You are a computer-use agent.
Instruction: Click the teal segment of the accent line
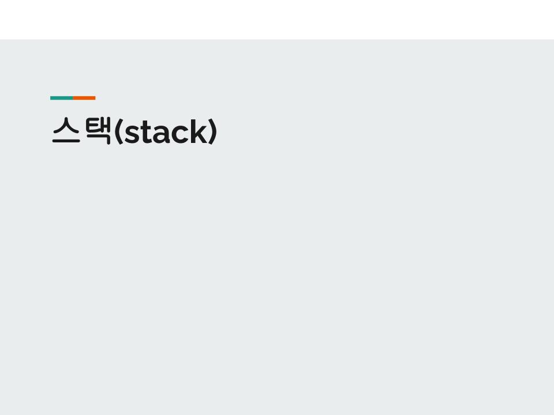[61, 98]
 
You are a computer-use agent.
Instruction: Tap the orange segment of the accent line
[84, 98]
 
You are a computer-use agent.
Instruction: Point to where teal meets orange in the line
[73, 98]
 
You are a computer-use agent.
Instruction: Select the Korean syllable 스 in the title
[65, 131]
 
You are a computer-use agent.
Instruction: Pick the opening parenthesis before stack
[118, 133]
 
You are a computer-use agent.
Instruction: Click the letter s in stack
[130, 135]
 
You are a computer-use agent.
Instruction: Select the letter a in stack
[159, 135]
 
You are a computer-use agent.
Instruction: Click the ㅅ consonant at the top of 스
[65, 126]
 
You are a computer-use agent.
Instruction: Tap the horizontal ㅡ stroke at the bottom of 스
[65, 141]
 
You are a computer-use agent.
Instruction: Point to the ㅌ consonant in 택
[91, 126]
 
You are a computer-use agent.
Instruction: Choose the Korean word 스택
[81, 131]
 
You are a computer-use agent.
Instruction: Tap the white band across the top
[277, 20]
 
